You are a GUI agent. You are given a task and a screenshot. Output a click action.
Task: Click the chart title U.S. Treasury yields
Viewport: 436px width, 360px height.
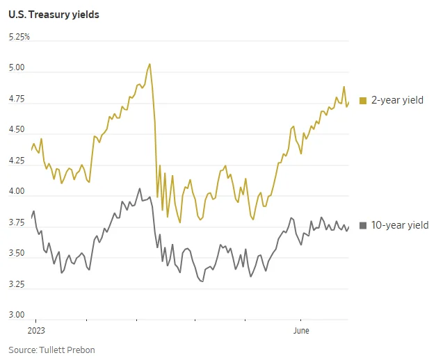coord(54,15)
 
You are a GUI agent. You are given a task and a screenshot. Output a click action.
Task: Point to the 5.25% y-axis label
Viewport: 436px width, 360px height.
coord(19,37)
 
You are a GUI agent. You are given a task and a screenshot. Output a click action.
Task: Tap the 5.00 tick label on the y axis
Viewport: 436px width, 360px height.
coord(17,67)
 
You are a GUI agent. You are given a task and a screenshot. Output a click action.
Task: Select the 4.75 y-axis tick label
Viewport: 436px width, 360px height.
coord(17,99)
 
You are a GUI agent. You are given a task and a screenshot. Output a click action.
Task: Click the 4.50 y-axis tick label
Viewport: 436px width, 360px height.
coord(17,129)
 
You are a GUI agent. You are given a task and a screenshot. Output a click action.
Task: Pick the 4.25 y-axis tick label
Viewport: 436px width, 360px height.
coord(17,161)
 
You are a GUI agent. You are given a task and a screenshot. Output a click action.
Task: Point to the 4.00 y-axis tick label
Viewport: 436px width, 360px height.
coord(17,191)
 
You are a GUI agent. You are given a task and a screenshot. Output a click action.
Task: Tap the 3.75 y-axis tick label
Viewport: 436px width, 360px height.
coord(17,222)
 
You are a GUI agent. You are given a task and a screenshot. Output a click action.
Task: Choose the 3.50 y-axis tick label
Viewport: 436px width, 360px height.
coord(17,253)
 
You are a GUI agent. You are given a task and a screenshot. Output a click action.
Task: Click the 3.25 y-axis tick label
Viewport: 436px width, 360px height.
coord(17,284)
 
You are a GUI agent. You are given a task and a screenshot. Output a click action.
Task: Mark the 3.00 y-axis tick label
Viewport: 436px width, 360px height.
coord(17,315)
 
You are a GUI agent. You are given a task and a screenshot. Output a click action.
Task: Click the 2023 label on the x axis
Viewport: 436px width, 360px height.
coord(36,331)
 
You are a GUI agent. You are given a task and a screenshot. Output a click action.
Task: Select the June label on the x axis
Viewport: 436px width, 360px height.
coord(301,331)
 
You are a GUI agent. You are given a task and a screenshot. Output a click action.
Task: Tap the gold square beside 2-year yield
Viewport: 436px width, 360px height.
coord(363,100)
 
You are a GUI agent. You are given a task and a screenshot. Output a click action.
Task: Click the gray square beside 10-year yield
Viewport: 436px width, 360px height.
coord(363,225)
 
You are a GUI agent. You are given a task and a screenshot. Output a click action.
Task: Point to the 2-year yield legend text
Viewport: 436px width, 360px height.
coord(397,100)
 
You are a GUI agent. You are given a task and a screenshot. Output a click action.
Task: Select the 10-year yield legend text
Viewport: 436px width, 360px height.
coord(400,225)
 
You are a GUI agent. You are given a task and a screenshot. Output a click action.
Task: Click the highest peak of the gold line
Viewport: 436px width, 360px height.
coord(150,64)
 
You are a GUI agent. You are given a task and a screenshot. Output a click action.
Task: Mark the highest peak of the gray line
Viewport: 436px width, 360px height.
coord(140,188)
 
